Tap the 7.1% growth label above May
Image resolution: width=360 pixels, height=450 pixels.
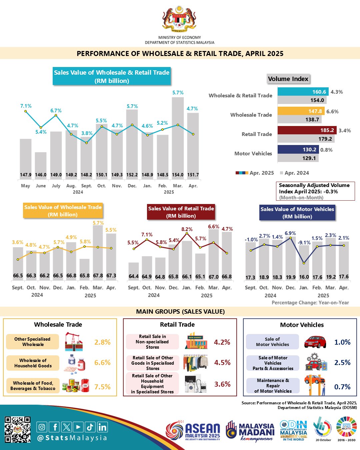point(26,106)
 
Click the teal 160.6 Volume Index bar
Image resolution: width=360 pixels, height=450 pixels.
point(303,92)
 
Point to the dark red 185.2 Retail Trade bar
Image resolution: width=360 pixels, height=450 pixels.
point(307,130)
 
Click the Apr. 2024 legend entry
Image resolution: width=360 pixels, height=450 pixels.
point(295,173)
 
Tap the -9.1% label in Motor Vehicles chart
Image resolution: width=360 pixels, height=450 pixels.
point(304,243)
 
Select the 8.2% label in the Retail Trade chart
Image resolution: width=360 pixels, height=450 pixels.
point(187,229)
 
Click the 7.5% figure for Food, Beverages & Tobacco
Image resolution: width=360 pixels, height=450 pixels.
point(102,387)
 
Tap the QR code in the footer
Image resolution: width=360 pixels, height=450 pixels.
point(17,429)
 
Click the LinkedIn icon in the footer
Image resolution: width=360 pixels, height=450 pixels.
point(102,427)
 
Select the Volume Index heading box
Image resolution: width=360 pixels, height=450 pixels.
point(288,79)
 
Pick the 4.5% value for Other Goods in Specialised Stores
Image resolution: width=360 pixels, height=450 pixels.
point(222,363)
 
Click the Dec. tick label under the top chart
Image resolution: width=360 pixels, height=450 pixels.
point(132,186)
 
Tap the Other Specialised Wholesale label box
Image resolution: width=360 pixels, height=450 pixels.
point(32,342)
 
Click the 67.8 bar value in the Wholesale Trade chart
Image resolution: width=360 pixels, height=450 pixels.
point(98,276)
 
